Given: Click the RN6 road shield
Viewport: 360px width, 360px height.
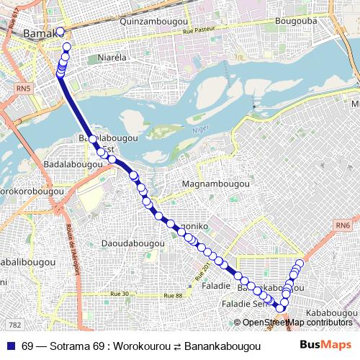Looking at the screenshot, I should tap(341, 225).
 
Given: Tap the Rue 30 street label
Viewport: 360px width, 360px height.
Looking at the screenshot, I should tap(119, 294).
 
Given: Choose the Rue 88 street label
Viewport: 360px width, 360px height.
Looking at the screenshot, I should tap(174, 295).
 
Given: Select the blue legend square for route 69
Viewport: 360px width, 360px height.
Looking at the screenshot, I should tap(10, 346).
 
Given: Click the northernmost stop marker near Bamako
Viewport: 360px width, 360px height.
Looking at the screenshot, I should tap(60, 32).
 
